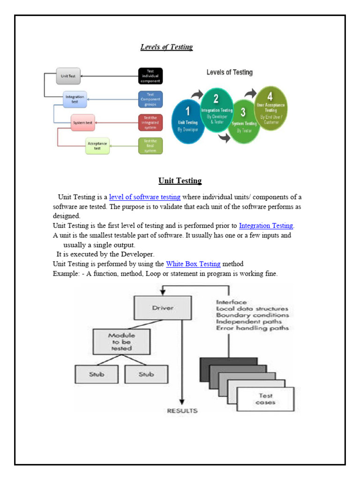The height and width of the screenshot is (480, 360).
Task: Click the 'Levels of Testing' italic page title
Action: [166, 47]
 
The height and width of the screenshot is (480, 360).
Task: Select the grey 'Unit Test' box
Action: [68, 75]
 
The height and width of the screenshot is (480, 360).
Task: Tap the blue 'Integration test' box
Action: [75, 99]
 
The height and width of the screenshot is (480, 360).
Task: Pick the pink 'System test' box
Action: [84, 123]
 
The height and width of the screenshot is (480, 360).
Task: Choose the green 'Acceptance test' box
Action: [97, 146]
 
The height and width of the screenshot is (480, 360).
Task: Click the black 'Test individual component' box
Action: [150, 76]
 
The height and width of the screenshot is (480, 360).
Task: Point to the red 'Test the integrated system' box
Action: [150, 122]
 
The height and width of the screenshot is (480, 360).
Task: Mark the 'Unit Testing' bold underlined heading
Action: [180, 180]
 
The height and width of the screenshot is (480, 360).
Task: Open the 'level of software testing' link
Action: [144, 197]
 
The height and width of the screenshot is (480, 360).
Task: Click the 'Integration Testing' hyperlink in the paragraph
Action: [266, 225]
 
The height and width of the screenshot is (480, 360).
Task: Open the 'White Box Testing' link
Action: [193, 264]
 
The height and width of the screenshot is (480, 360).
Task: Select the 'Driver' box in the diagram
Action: [163, 308]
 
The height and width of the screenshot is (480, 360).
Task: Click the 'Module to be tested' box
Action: [122, 341]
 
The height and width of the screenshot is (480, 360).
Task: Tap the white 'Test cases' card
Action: [266, 399]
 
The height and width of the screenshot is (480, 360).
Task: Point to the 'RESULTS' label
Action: [182, 411]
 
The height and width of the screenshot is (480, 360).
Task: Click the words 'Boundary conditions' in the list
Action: [252, 315]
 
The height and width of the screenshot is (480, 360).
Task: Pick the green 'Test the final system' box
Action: [150, 146]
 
